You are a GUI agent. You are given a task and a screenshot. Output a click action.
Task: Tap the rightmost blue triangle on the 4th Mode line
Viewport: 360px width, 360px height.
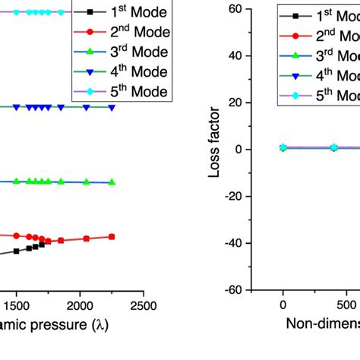tap(112, 108)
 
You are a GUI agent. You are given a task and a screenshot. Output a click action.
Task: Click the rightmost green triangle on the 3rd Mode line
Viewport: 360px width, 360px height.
tap(112, 182)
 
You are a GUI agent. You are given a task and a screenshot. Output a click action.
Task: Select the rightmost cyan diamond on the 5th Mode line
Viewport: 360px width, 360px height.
tap(49, 12)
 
